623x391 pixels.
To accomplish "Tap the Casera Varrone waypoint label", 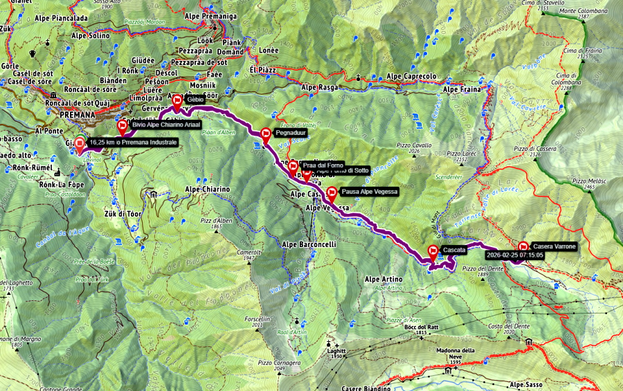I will [x=554, y=246].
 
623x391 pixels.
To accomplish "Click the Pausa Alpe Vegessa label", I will [x=370, y=192].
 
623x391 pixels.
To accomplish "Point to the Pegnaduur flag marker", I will [x=267, y=135].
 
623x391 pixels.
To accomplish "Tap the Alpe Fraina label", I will [x=461, y=89].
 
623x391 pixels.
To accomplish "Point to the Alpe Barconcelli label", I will [x=309, y=244].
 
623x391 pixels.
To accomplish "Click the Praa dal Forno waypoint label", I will [x=323, y=165].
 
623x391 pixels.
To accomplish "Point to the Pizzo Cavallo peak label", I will [x=414, y=145].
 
